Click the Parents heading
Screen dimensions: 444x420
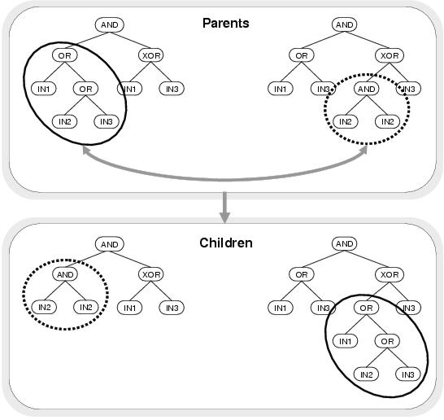tap(226, 24)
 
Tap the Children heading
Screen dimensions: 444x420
tap(226, 243)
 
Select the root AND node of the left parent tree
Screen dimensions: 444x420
tap(109, 25)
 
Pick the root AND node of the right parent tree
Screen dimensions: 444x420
tap(344, 24)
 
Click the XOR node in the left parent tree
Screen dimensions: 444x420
tap(151, 55)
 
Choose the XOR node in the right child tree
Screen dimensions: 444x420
tap(390, 274)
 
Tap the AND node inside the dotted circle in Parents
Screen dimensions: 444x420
tap(367, 89)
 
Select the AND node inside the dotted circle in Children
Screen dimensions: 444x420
tap(65, 274)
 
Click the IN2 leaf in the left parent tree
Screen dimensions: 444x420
tap(65, 121)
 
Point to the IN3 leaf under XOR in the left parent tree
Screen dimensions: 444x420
tap(172, 89)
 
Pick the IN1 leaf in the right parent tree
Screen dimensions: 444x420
tap(281, 89)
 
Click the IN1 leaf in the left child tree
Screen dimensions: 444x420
tap(129, 308)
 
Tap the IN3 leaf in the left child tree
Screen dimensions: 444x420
tap(172, 308)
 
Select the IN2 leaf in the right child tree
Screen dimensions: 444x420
tap(366, 374)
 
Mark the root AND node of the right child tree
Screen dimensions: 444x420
tap(344, 243)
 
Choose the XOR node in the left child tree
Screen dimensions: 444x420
tap(151, 274)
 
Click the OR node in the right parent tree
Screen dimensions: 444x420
tap(302, 55)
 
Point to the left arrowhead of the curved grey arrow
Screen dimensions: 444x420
tap(85, 151)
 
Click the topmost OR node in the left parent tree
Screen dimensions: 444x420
tap(65, 55)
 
